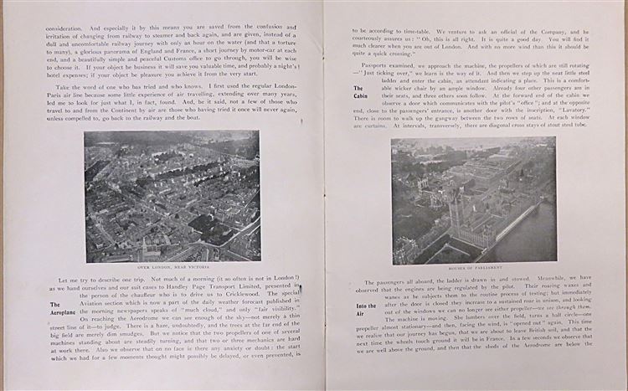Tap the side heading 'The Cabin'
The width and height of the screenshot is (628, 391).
358,91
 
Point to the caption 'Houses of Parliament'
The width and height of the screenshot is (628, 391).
474,269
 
